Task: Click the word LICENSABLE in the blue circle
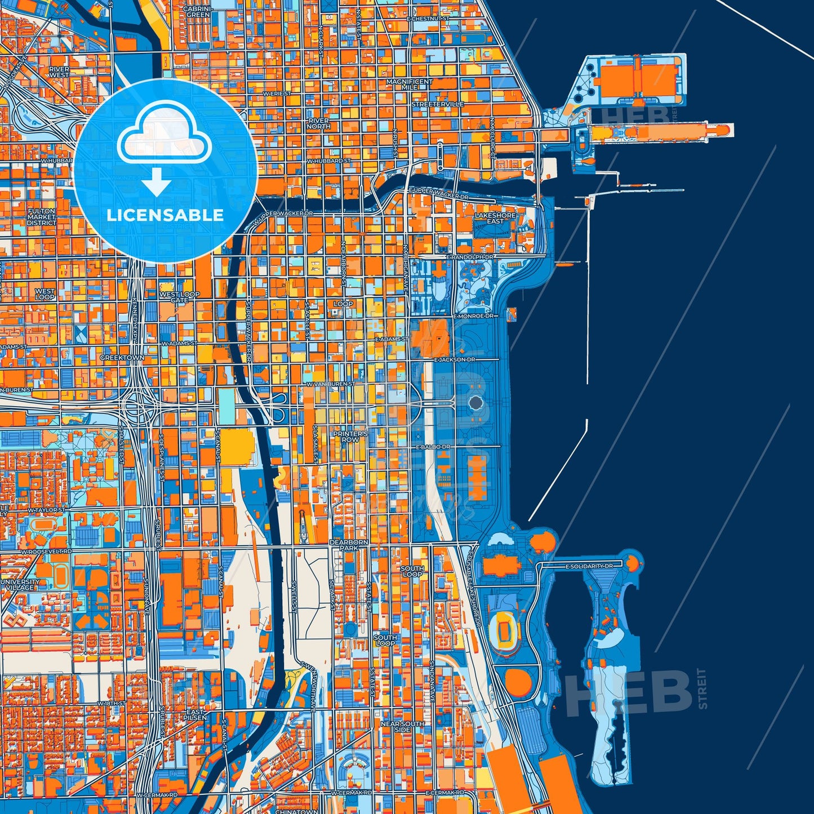pyautogui.click(x=165, y=215)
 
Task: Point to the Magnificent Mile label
pyautogui.click(x=410, y=84)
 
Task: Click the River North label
pyautogui.click(x=318, y=123)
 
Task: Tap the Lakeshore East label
pyautogui.click(x=495, y=218)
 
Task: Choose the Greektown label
pyautogui.click(x=122, y=358)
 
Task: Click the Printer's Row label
pyautogui.click(x=350, y=437)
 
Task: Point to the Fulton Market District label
pyautogui.click(x=41, y=217)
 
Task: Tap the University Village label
pyautogui.click(x=20, y=584)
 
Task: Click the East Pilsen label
pyautogui.click(x=195, y=715)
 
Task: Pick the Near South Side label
pyautogui.click(x=402, y=727)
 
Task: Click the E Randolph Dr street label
pyautogui.click(x=470, y=257)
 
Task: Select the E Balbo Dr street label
pyautogui.click(x=433, y=447)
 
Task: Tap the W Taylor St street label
pyautogui.click(x=47, y=510)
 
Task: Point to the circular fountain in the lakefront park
pyautogui.click(x=476, y=402)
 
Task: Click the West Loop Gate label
pyautogui.click(x=179, y=297)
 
